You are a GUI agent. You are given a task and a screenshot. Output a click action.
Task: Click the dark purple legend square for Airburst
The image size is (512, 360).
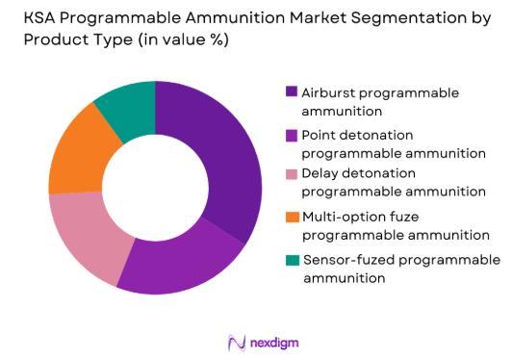pos(291,92)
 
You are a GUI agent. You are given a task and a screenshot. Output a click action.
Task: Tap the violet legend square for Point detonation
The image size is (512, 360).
pos(291,136)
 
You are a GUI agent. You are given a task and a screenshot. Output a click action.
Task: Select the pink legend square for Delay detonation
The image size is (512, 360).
pos(291,173)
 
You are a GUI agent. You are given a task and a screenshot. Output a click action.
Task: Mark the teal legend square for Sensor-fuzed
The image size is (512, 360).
pos(291,261)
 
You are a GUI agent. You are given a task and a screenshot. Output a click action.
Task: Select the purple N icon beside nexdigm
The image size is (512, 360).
pos(233,342)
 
